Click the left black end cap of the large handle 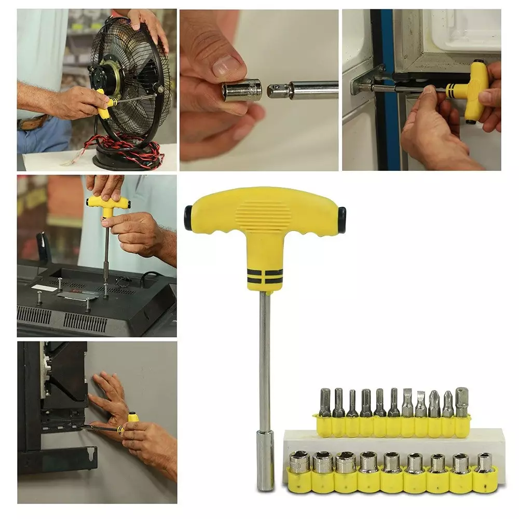pyautogui.click(x=188, y=217)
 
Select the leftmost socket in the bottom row pyautogui.click(x=299, y=462)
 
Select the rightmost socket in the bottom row pyautogui.click(x=485, y=462)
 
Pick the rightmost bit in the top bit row pyautogui.click(x=461, y=402)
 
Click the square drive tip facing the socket pyautogui.click(x=276, y=91)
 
